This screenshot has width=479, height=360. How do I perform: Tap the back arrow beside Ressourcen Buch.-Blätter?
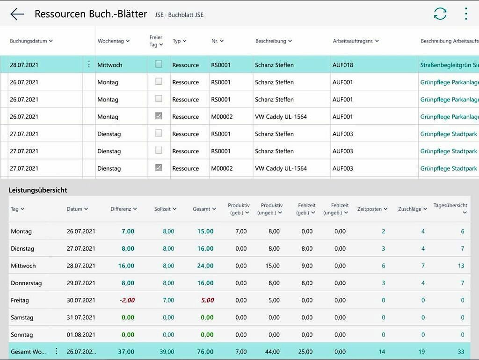[17, 14]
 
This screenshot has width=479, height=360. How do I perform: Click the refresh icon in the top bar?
[440, 14]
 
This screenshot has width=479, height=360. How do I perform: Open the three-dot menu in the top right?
[465, 14]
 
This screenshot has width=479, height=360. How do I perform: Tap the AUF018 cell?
[343, 65]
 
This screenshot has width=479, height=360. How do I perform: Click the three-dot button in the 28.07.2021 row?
[89, 65]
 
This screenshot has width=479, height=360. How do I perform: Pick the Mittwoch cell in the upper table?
[110, 65]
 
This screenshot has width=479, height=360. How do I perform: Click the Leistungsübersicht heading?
[38, 190]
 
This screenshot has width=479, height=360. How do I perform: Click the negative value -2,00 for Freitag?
[127, 300]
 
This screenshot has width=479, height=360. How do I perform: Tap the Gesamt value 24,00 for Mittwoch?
[205, 266]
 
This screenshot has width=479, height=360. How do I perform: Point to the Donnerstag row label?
[26, 283]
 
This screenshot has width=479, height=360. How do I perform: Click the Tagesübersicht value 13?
[461, 266]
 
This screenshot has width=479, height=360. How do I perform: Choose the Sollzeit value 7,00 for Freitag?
[168, 300]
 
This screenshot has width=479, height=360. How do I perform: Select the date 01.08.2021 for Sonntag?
[81, 335]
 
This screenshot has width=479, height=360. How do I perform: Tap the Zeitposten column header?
[372, 209]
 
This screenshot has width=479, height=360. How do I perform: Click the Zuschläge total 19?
[421, 352]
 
